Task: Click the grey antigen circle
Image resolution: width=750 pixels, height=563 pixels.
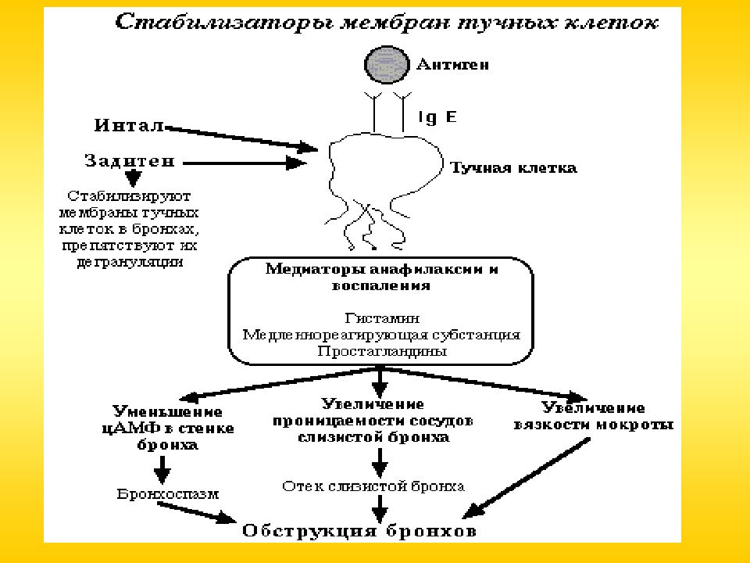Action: coord(387,65)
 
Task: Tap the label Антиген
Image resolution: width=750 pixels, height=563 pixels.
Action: coord(452,65)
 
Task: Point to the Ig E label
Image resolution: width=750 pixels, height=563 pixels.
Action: coord(437,117)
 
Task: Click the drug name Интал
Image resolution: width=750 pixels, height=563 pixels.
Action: coord(129,125)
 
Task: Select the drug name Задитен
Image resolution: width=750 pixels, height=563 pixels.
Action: coord(130,161)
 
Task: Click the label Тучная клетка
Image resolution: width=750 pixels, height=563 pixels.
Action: coord(513,168)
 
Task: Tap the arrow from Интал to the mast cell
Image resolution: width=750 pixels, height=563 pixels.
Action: coord(241,139)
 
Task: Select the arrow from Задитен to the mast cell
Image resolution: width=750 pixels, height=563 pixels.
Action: coord(245,163)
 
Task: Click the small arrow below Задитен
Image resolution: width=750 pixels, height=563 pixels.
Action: coord(134,178)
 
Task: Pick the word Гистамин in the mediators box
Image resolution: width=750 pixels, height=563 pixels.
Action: coord(382,318)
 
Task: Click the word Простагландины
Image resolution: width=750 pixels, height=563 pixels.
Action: coord(382,351)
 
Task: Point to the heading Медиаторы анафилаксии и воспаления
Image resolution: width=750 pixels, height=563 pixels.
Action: coord(381,277)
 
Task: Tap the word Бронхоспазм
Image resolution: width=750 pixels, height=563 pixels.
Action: coord(167,494)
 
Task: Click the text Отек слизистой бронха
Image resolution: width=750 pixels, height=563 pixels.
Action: coord(373,486)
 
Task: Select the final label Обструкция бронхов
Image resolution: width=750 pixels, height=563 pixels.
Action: coord(359,531)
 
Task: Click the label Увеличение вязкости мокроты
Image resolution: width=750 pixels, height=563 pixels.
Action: coord(593,417)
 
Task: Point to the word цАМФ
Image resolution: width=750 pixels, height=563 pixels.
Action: coord(123,428)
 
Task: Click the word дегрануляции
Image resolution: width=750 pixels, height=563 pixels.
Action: coord(130,263)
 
